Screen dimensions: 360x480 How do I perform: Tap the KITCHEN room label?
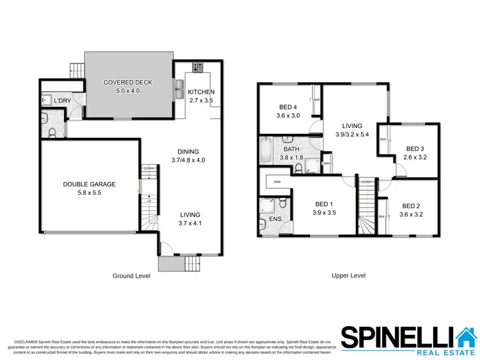tap(200, 92)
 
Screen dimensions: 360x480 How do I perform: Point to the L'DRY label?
tap(63, 102)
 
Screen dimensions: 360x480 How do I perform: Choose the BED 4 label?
tap(289, 107)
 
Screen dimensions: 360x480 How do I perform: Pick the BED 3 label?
tap(415, 149)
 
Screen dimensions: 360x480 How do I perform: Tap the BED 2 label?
tap(412, 206)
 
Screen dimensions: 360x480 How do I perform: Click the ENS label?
tap(275, 219)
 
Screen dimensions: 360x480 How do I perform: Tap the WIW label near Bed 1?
tap(277, 182)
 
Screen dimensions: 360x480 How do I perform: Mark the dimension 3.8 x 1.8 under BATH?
tap(291, 158)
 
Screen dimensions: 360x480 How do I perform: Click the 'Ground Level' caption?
tap(131, 276)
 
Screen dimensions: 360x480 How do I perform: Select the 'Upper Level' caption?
tap(348, 275)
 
